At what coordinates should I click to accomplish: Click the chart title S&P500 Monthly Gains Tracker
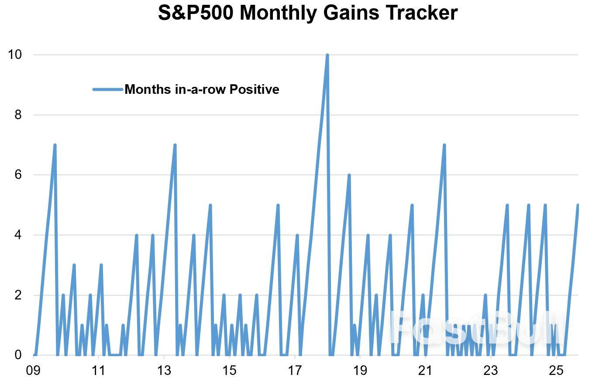click(x=307, y=13)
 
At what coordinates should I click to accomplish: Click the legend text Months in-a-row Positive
click(x=202, y=89)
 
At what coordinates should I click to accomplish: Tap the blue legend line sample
click(x=108, y=89)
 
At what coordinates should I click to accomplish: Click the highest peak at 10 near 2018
click(x=327, y=55)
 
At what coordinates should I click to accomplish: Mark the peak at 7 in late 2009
click(x=55, y=145)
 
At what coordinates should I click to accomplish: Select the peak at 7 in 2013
click(x=175, y=145)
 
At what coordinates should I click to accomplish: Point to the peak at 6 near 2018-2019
click(x=349, y=175)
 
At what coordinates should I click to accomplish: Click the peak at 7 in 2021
click(x=444, y=145)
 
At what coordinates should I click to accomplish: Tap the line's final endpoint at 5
click(x=578, y=205)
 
